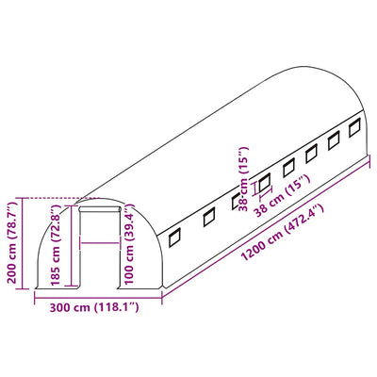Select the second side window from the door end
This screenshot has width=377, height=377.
(209, 218)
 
